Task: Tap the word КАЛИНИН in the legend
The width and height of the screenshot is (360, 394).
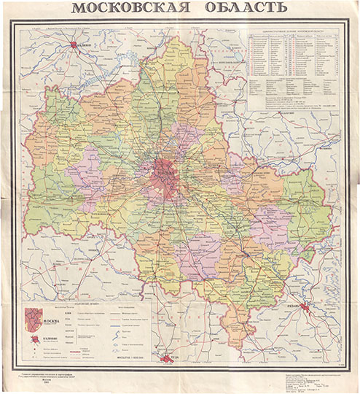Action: click(53, 338)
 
